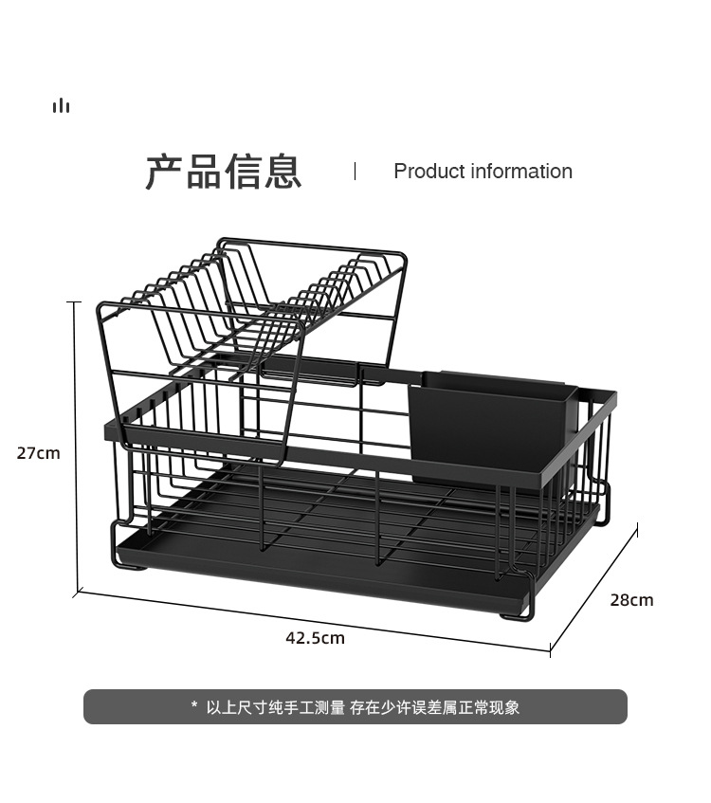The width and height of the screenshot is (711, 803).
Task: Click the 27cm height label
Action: click(38, 453)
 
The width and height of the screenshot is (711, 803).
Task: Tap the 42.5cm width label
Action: click(315, 638)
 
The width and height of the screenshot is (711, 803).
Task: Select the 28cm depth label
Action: click(631, 600)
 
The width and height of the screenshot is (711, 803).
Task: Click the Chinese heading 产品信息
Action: click(224, 172)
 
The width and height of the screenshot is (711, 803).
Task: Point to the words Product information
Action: click(483, 172)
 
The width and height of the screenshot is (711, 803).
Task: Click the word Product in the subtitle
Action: click(424, 172)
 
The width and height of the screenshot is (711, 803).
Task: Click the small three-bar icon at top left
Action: click(62, 105)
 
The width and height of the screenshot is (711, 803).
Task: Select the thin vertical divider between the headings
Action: click(355, 171)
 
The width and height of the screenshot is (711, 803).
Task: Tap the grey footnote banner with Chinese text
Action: click(355, 707)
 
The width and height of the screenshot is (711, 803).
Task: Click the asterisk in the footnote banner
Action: click(194, 706)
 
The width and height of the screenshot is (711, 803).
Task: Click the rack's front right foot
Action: click(517, 614)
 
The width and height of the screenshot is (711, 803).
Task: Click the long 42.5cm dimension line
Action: click(313, 622)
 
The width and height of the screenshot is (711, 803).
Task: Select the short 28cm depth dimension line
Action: click(594, 587)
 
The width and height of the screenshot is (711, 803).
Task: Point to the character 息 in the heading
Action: click(283, 172)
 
